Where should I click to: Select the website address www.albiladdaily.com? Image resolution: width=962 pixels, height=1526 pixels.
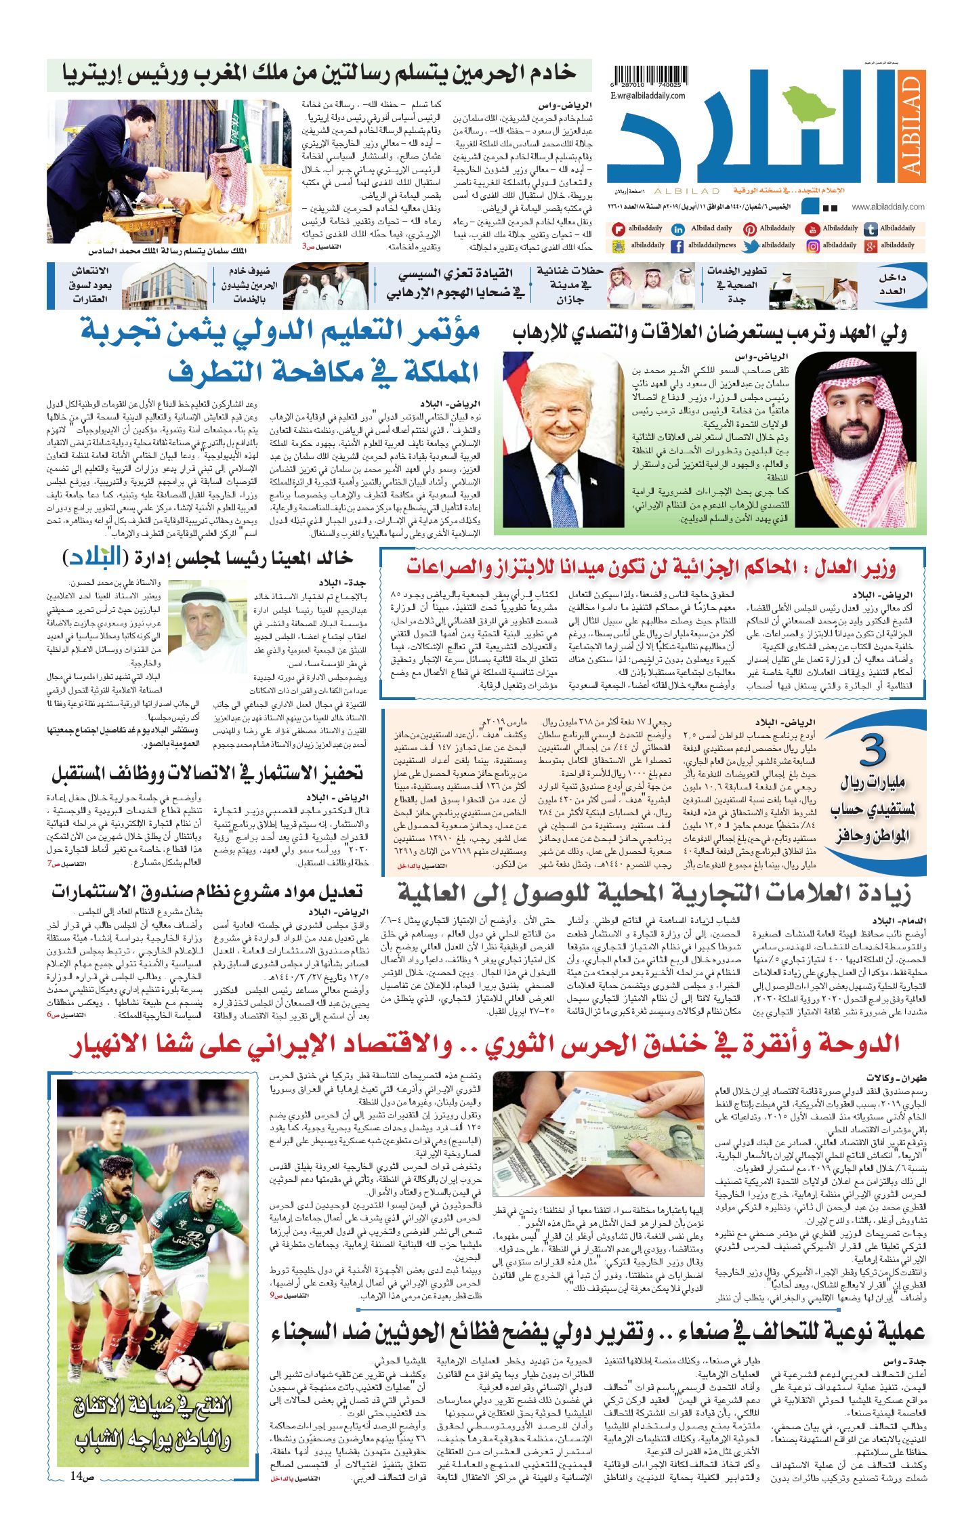click(x=887, y=207)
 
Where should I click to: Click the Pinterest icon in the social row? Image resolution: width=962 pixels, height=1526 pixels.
click(x=749, y=230)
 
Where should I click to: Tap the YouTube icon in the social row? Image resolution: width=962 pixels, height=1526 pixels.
click(x=812, y=230)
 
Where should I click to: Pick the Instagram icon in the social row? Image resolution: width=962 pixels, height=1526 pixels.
click(x=812, y=246)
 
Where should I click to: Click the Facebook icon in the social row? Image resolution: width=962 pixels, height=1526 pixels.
click(x=677, y=247)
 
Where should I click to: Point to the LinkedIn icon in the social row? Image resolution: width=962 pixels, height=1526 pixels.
click(x=677, y=230)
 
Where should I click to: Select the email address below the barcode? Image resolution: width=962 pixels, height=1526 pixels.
click(x=647, y=96)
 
